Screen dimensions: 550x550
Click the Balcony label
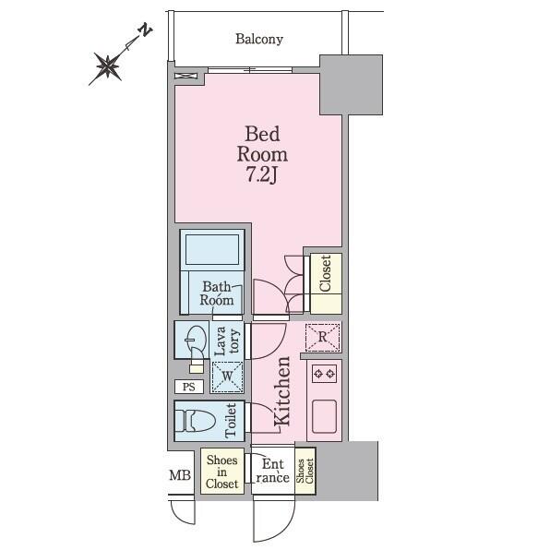tap(259, 40)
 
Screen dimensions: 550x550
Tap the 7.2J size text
tap(262, 174)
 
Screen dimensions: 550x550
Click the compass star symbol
tap(108, 66)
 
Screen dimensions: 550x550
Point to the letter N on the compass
tap(145, 30)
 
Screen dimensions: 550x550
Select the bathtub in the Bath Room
tap(212, 250)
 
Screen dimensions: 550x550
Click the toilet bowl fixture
tap(195, 421)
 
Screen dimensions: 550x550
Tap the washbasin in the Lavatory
tap(196, 339)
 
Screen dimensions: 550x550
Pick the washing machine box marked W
tap(227, 377)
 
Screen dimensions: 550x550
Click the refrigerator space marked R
tap(323, 338)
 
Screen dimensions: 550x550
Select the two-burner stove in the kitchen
tap(324, 374)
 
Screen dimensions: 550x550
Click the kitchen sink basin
tap(324, 416)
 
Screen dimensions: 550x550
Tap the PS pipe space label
tap(188, 387)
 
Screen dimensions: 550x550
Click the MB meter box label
tap(180, 475)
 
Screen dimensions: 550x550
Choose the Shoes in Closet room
tap(222, 471)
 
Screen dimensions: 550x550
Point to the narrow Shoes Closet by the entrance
tap(305, 471)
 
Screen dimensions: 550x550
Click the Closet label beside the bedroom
tap(325, 273)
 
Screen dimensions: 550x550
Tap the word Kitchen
tap(282, 391)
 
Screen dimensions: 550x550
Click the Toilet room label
tap(231, 421)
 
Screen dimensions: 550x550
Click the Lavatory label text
tap(227, 341)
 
